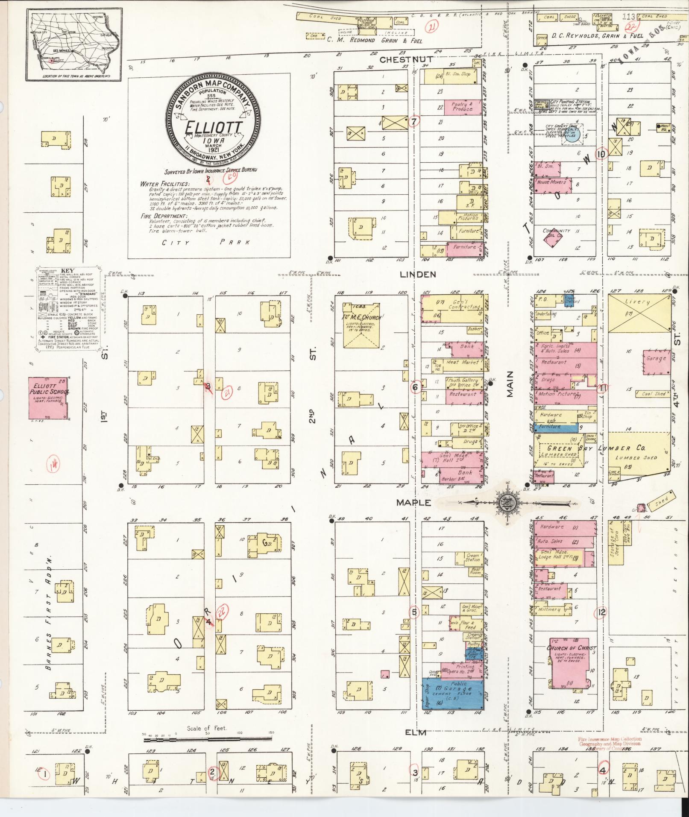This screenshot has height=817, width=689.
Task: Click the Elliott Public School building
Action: point(48,398)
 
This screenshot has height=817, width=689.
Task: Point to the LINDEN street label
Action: point(418,274)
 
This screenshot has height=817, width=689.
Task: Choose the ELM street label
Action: point(416,732)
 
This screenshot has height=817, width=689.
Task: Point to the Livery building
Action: point(639,314)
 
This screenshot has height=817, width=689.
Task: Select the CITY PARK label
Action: point(205,242)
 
